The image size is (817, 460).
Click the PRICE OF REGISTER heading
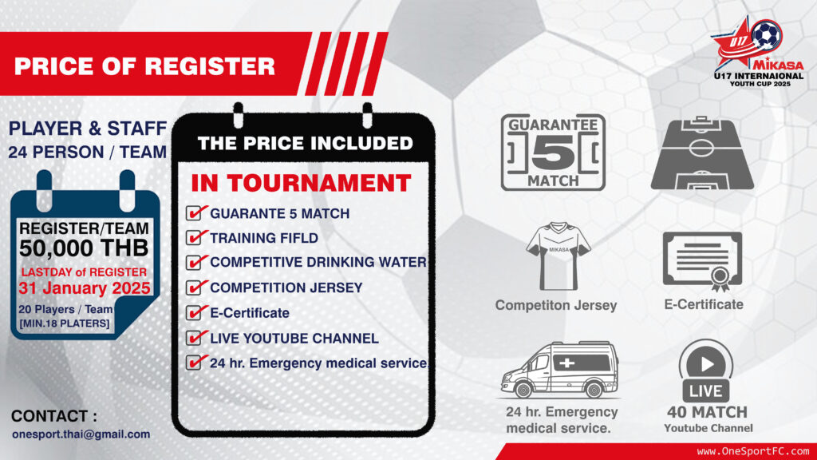pos(144,66)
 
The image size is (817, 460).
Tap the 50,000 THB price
pos(84,249)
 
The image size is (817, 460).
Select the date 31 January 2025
pos(85,288)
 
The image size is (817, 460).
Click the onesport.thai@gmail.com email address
pos(81,434)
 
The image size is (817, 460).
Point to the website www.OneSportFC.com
pos(753,450)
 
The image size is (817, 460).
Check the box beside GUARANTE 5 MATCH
pos(194,213)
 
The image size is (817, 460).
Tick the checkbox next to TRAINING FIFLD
pos(194,238)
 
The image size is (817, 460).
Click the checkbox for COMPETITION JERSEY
pos(194,287)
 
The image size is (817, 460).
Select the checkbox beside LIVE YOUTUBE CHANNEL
pos(194,338)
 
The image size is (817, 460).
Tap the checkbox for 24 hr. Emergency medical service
pos(194,363)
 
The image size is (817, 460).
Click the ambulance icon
pos(559,369)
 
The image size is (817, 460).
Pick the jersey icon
pos(558,256)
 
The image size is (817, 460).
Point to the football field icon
pos(702,153)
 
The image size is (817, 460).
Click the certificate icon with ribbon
pos(702,261)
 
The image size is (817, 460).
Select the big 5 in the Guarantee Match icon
pos(553,153)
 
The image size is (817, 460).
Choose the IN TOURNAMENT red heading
pos(301,183)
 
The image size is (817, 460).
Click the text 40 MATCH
pos(707,412)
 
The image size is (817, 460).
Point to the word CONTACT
pos(50,416)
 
